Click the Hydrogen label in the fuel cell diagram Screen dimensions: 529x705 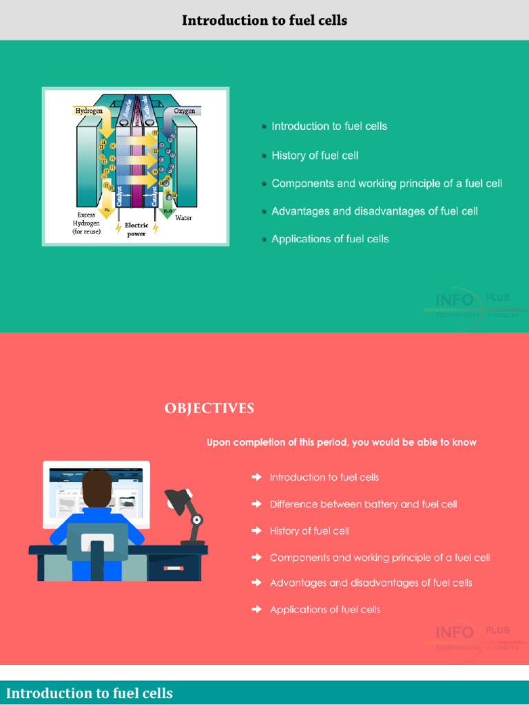[88, 110]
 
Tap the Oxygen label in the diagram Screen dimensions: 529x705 [184, 111]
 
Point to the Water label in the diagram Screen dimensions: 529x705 [183, 218]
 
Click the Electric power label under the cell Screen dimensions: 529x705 [136, 229]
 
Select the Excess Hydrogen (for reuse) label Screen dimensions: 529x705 [87, 223]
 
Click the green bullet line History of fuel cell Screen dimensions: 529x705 [315, 156]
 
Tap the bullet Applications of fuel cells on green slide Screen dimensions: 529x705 [330, 239]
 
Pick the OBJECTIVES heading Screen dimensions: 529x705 [209, 409]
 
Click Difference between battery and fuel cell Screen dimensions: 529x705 [363, 504]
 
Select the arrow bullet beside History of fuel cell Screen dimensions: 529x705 [256, 531]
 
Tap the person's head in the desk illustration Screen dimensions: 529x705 [97, 487]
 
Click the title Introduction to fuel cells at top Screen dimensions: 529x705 [264, 21]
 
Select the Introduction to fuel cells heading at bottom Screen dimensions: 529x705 [90, 693]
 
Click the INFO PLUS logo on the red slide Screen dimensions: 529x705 [475, 638]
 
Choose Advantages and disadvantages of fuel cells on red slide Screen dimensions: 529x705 [371, 582]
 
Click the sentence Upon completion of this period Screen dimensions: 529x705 [342, 442]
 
